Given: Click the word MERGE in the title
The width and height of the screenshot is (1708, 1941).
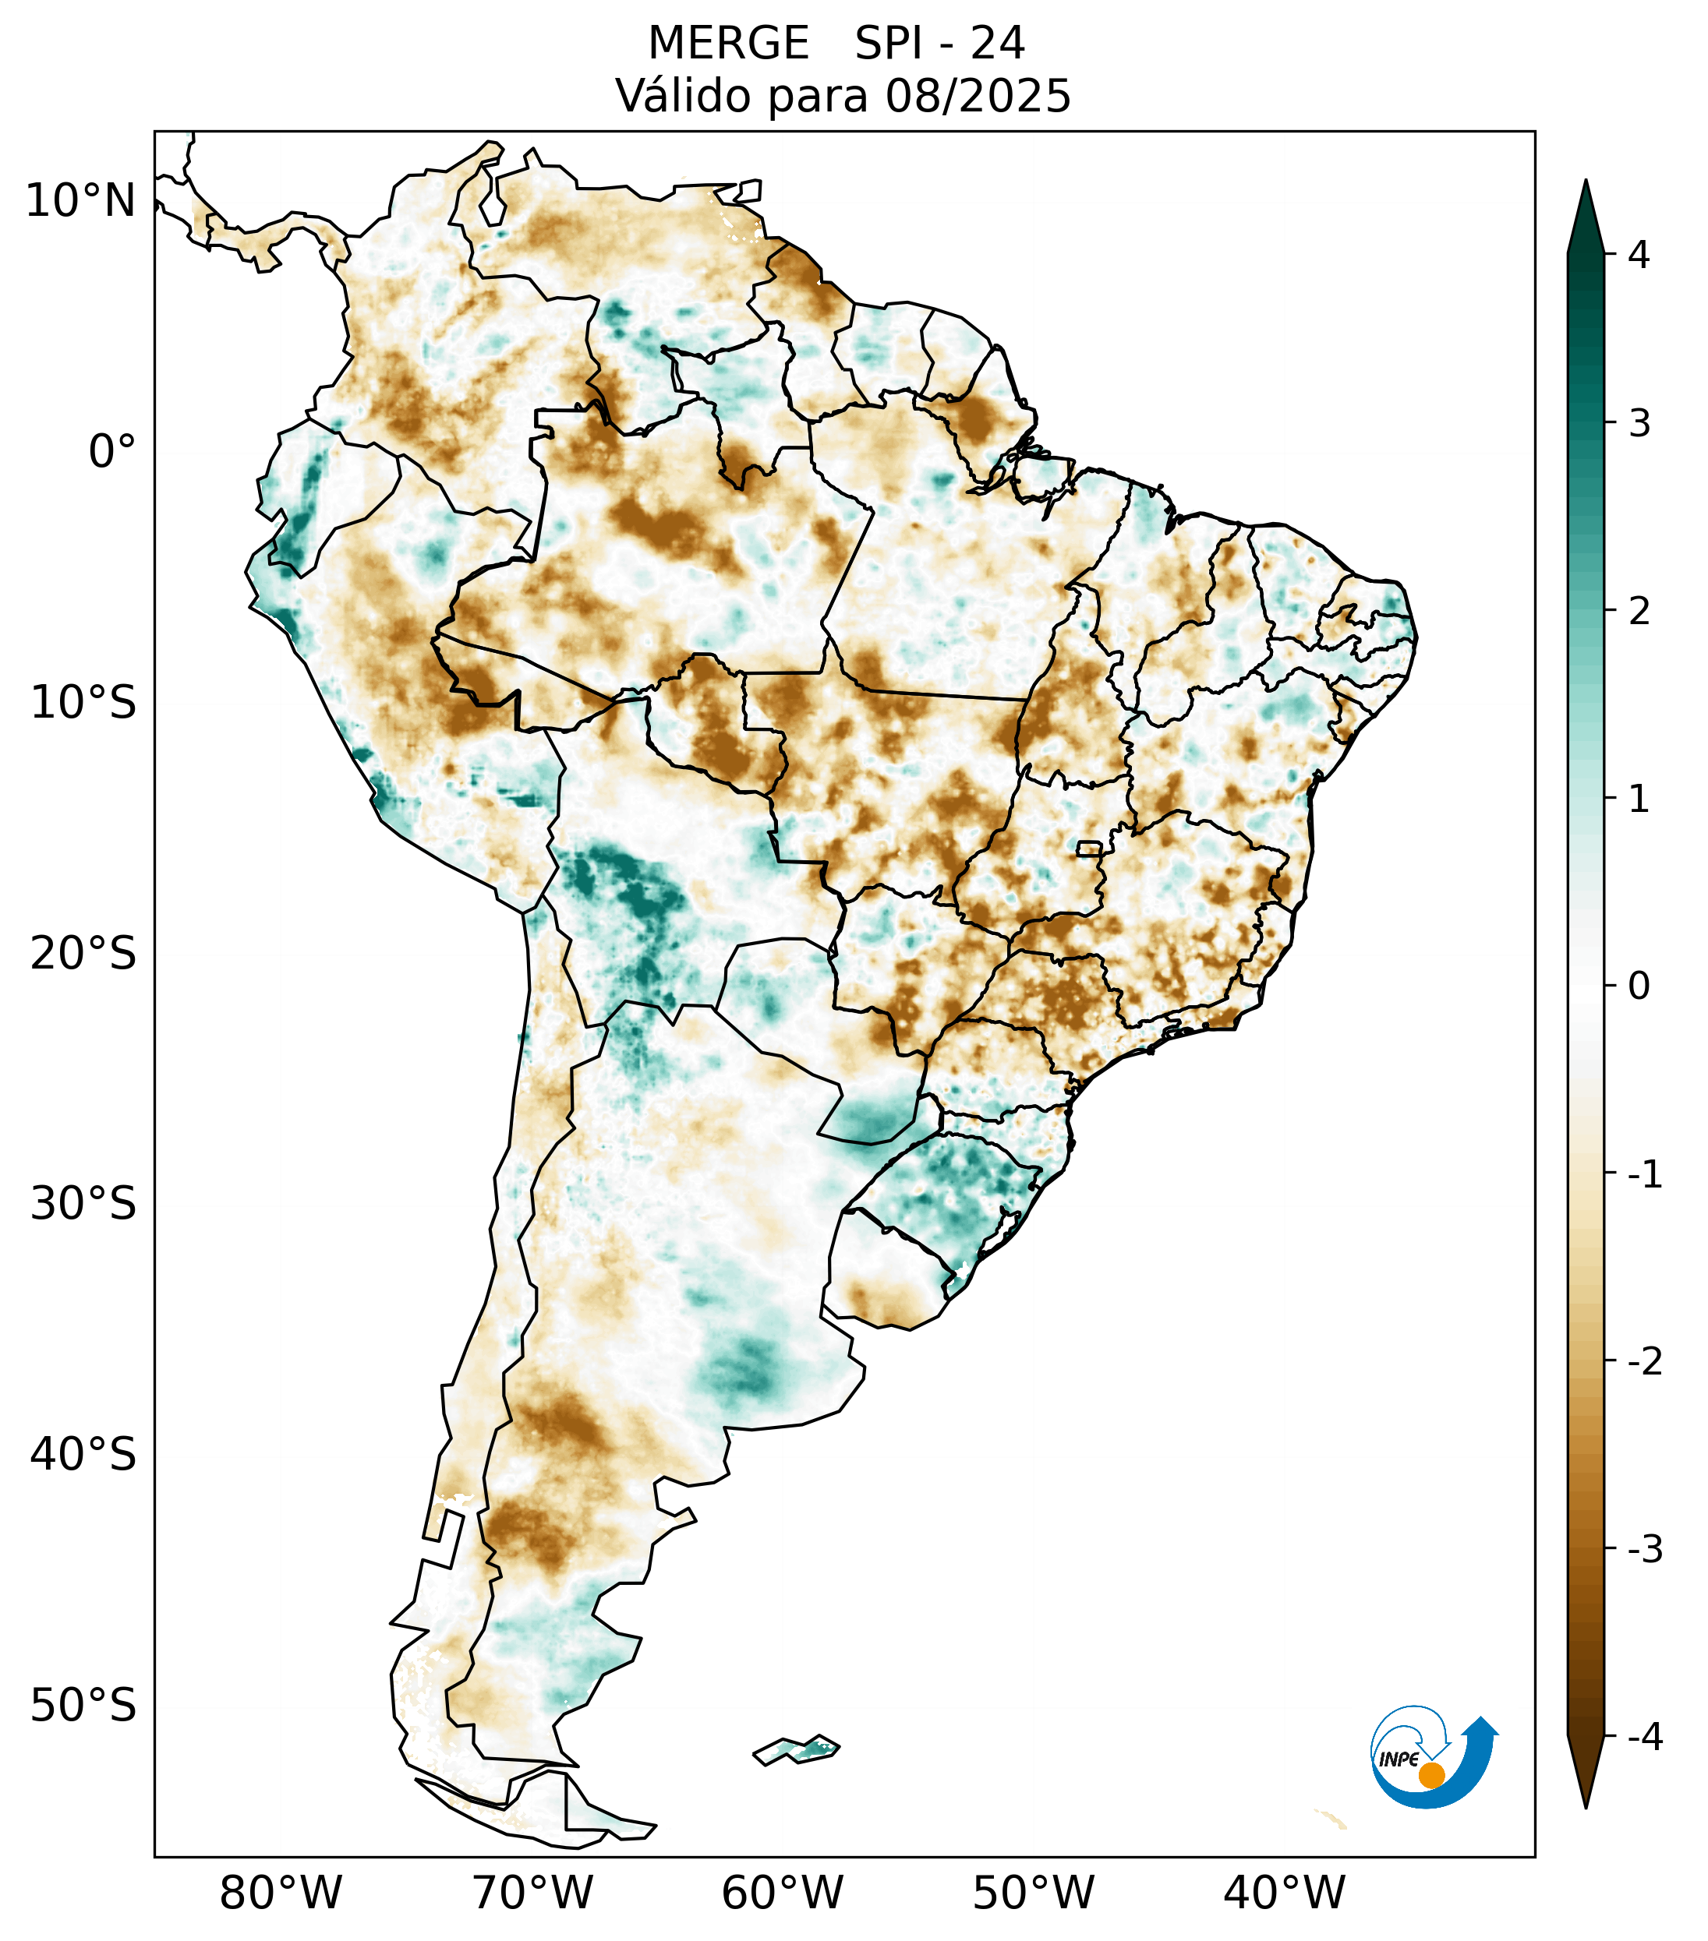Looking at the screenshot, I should [x=729, y=44].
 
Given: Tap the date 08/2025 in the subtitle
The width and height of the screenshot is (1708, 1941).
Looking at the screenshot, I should [x=978, y=96].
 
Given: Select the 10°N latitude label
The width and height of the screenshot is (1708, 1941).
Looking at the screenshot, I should [x=81, y=201].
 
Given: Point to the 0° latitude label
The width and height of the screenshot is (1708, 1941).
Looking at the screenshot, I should [x=112, y=451].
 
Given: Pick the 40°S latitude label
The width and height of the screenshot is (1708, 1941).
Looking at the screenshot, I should [x=83, y=1455].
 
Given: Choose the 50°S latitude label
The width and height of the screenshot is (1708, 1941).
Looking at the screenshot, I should [x=83, y=1706].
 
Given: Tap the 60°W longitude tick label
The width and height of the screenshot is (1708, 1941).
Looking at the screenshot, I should [x=782, y=1893].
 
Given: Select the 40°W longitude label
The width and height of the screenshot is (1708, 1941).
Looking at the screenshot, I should [x=1285, y=1893].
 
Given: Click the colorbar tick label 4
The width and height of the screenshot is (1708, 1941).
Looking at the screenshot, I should [x=1639, y=255].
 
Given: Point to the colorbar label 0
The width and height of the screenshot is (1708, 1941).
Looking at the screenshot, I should [x=1639, y=986].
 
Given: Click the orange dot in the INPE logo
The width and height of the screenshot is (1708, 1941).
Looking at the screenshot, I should [x=1430, y=1775].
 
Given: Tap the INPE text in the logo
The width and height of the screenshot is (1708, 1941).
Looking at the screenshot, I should [x=1399, y=1759].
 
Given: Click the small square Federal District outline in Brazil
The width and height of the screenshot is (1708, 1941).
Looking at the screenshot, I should [x=1090, y=848].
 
